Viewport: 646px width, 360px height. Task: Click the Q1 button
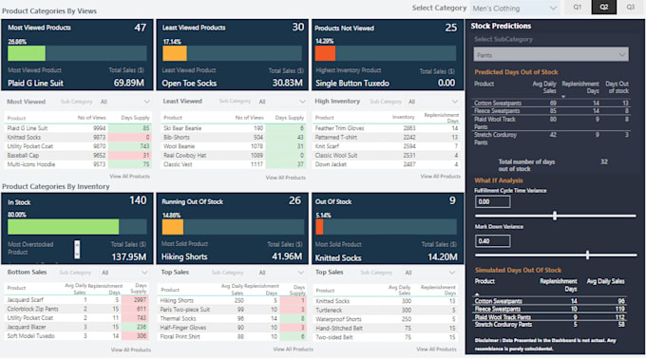coord(577,8)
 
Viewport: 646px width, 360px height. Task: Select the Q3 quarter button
coord(630,8)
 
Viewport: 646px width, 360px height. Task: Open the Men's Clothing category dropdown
coord(514,8)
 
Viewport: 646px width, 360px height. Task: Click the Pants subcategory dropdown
coord(551,55)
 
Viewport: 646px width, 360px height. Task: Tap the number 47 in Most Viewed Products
coord(140,28)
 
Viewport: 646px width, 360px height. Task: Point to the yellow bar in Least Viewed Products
coord(174,54)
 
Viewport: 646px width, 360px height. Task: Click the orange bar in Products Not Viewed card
coord(326,54)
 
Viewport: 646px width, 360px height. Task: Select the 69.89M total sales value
coord(128,83)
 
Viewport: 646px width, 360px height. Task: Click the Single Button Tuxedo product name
coord(354,83)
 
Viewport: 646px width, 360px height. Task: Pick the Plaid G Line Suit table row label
coord(28,127)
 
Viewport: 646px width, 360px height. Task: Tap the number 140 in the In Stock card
coord(138,200)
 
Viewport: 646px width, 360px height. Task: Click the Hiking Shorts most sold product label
coord(185,256)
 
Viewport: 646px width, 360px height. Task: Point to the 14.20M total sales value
coord(443,256)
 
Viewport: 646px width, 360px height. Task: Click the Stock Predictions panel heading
coord(501,26)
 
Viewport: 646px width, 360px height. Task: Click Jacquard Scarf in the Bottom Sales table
coord(27,300)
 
